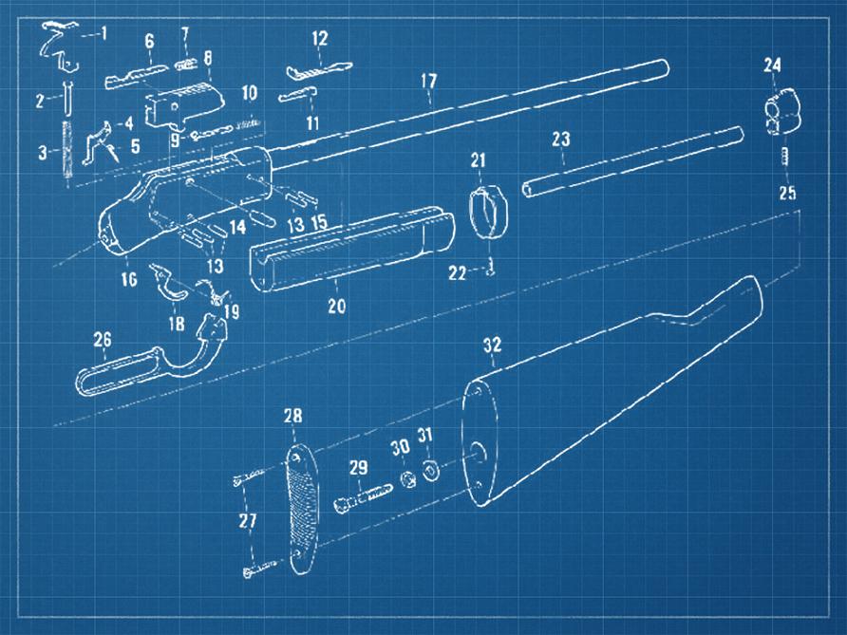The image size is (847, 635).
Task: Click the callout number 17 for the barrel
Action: click(x=429, y=81)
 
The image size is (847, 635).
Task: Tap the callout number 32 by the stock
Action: click(x=492, y=346)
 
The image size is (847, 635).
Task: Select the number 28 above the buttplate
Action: click(x=293, y=416)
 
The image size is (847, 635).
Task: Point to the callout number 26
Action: click(x=103, y=339)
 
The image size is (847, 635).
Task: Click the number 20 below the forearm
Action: click(x=336, y=307)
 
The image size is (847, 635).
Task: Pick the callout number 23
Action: click(x=561, y=140)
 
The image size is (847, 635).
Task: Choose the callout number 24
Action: click(x=772, y=65)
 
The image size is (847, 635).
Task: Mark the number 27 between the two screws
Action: click(x=248, y=521)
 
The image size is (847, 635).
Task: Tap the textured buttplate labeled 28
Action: click(x=303, y=509)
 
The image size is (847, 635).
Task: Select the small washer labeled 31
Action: click(x=430, y=471)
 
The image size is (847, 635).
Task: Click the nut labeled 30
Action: click(x=408, y=478)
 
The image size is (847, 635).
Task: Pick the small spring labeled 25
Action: click(x=785, y=158)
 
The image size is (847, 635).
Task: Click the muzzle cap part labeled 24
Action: click(x=783, y=111)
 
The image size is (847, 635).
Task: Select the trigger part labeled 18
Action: click(x=168, y=282)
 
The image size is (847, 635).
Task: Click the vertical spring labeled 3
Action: click(x=67, y=150)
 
